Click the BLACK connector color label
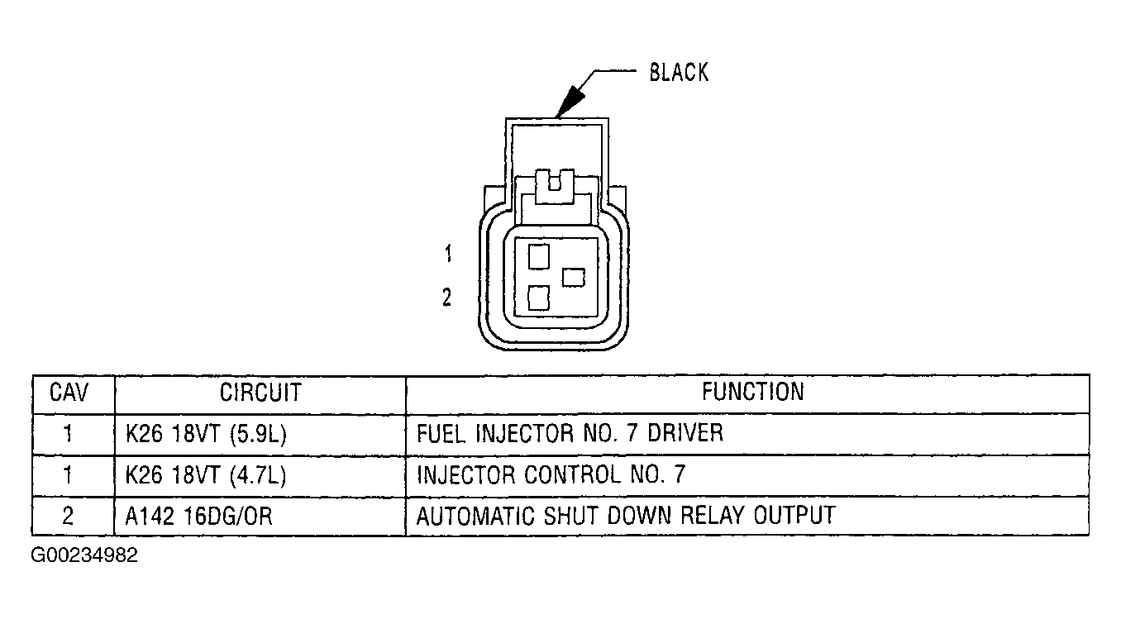tap(679, 73)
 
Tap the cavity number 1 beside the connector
tap(447, 255)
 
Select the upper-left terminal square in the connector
tap(539, 256)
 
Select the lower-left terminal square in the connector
tap(539, 297)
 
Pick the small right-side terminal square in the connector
tap(573, 278)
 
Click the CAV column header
tap(69, 392)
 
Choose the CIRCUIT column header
tap(260, 392)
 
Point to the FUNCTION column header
tap(752, 392)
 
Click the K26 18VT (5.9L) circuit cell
tap(206, 434)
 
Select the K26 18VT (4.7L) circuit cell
tap(206, 475)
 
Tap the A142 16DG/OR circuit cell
tap(199, 517)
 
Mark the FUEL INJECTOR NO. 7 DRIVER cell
tap(570, 434)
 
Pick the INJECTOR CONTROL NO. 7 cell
tap(551, 475)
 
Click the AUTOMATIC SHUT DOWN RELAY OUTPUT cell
tap(625, 517)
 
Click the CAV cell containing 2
tap(69, 517)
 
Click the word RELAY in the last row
tap(714, 517)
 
